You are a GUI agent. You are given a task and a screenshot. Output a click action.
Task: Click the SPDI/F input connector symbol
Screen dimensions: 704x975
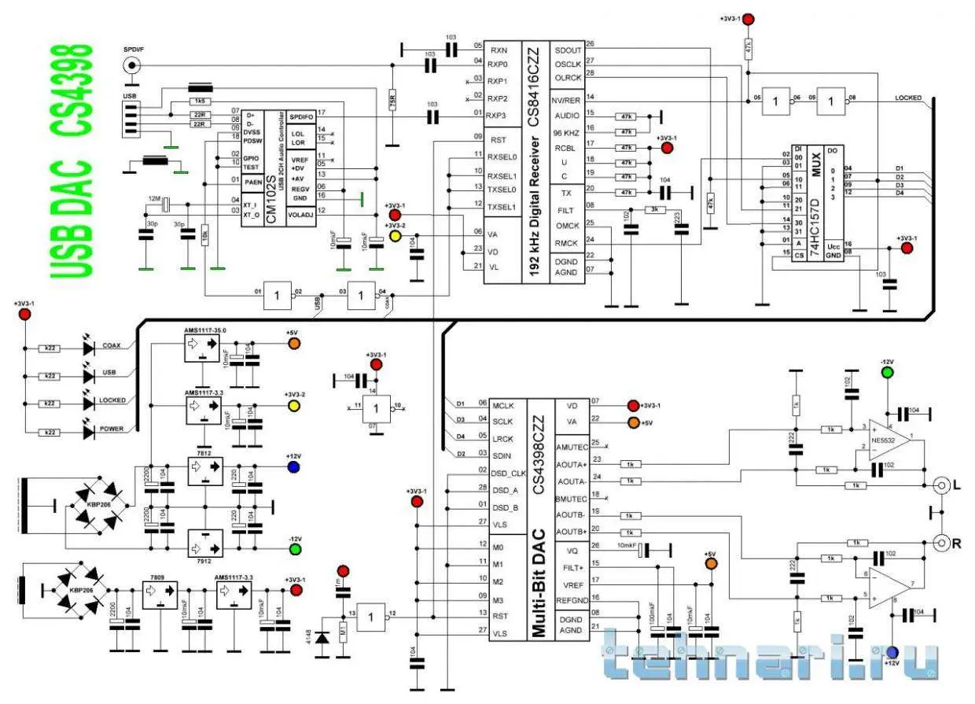pos(134,67)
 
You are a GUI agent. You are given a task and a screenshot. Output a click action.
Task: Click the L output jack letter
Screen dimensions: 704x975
pos(958,486)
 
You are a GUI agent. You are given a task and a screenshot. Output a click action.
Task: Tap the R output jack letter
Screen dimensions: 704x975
pos(958,542)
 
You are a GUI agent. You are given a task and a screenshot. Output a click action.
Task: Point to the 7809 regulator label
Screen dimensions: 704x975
pos(157,577)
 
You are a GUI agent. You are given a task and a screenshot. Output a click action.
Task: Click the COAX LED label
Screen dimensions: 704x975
pos(111,345)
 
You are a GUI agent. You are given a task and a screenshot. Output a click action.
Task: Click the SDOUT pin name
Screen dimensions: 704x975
pos(568,46)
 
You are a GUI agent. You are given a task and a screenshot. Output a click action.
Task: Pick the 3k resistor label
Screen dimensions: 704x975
pos(655,209)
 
